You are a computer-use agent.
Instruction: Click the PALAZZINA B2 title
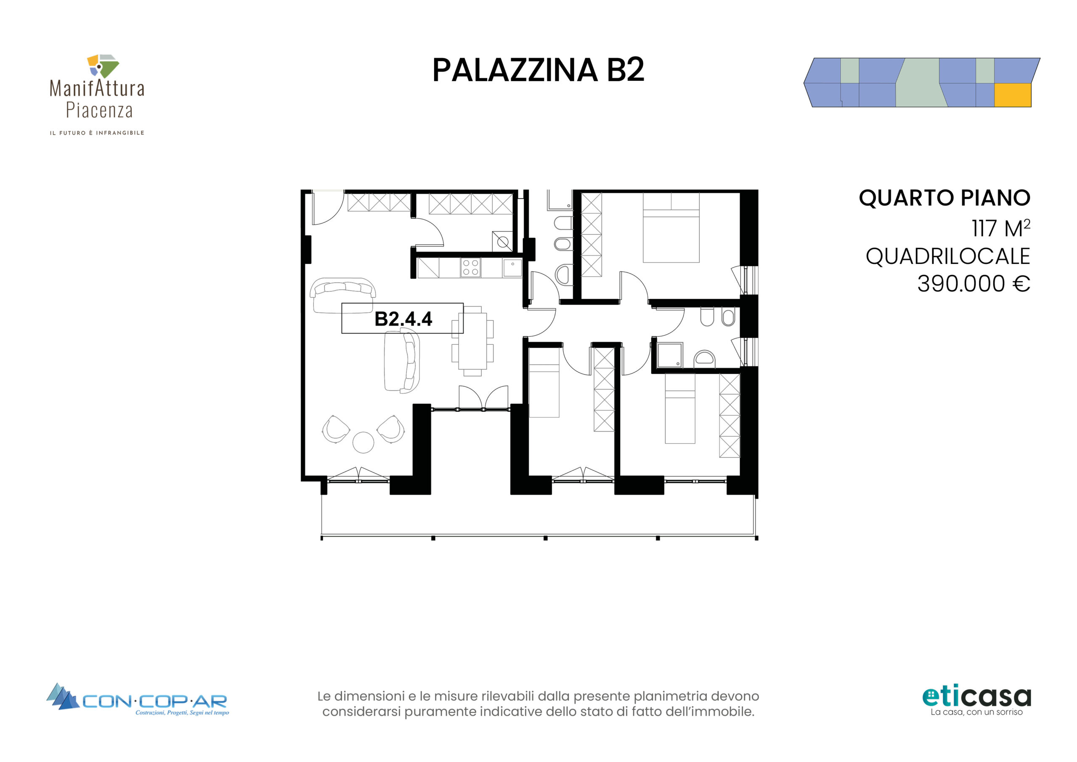point(538,70)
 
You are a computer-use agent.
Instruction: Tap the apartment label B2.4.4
point(403,319)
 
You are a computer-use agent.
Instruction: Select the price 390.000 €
point(974,284)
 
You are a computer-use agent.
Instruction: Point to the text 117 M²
point(1000,228)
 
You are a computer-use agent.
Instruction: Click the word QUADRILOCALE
point(947,256)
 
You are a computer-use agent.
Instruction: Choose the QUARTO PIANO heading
point(944,198)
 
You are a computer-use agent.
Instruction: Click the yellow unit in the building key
point(1012,95)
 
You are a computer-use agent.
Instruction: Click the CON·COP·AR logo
point(138,700)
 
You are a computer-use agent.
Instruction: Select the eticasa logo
point(976,701)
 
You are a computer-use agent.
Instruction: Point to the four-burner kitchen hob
point(470,268)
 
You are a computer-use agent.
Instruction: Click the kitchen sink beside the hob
point(512,268)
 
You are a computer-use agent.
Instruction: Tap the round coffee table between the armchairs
point(363,442)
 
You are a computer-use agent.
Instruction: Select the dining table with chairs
point(472,341)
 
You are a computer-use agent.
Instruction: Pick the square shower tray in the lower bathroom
point(670,355)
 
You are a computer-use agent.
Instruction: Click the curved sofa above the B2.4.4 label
point(342,295)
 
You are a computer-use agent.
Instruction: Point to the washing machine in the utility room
point(502,242)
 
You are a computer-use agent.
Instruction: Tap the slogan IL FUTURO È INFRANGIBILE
point(97,133)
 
